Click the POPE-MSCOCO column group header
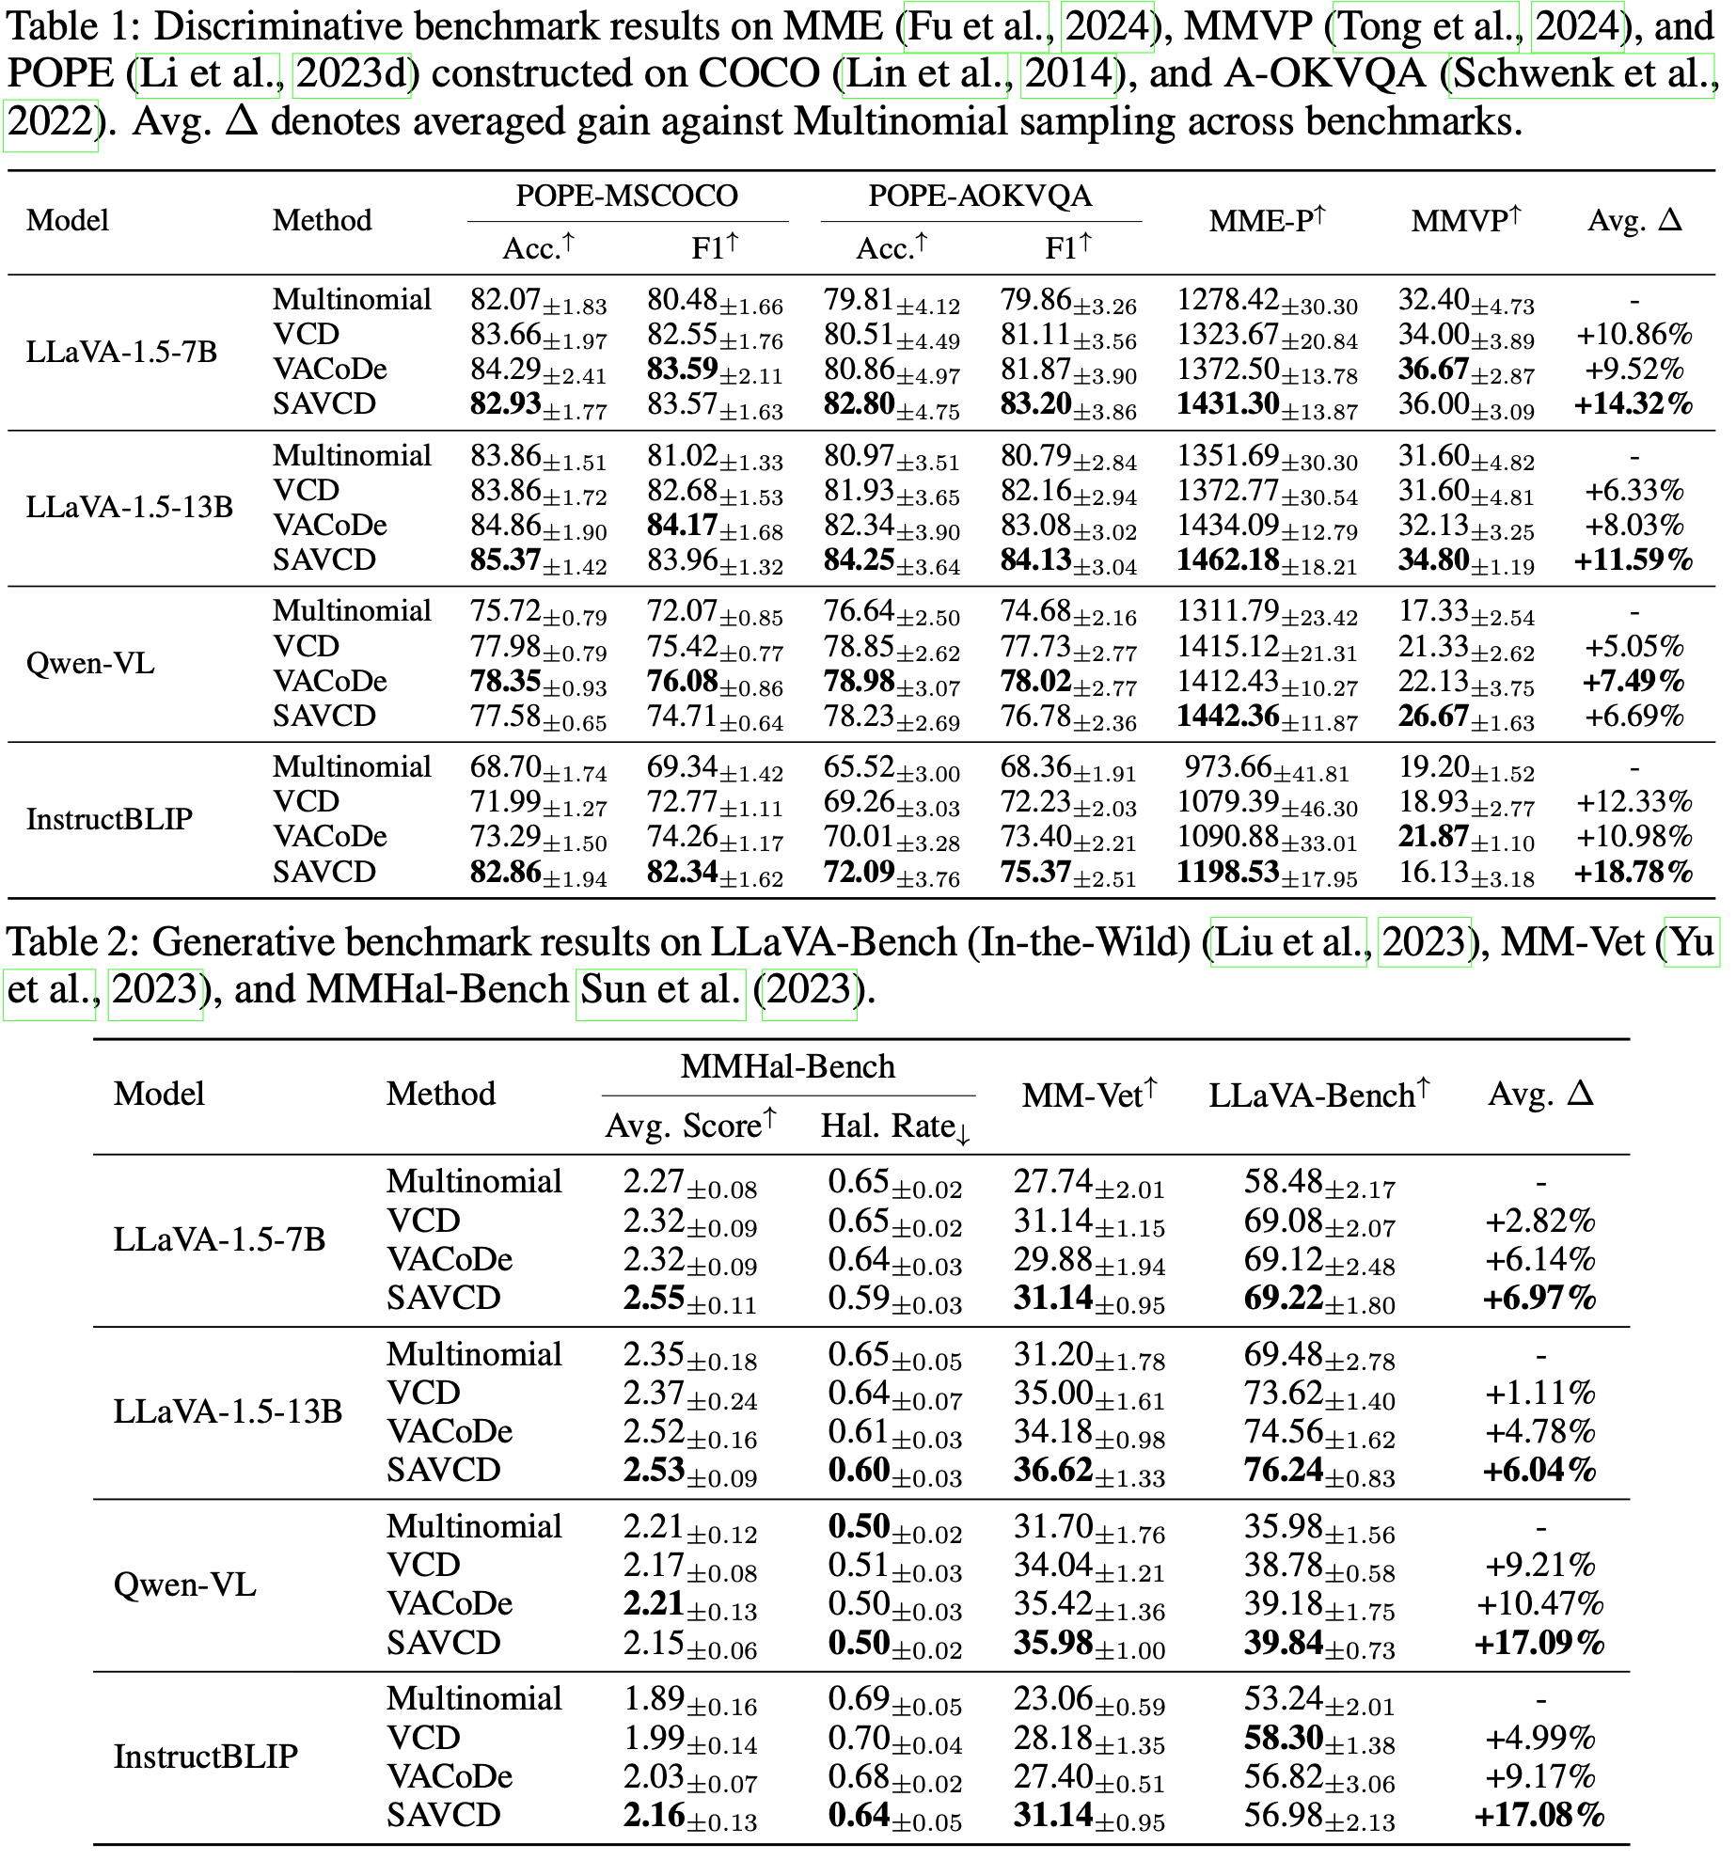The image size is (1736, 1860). pos(627,197)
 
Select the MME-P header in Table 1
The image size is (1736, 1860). pos(1266,221)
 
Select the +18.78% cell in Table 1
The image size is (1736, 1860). pos(1633,873)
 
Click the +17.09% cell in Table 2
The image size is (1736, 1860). pos(1539,1644)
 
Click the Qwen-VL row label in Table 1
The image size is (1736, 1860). pos(90,664)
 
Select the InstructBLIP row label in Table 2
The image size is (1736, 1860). pos(205,1757)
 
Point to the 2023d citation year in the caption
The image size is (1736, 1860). pos(352,74)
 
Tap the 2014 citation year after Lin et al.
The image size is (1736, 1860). pos(1068,74)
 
